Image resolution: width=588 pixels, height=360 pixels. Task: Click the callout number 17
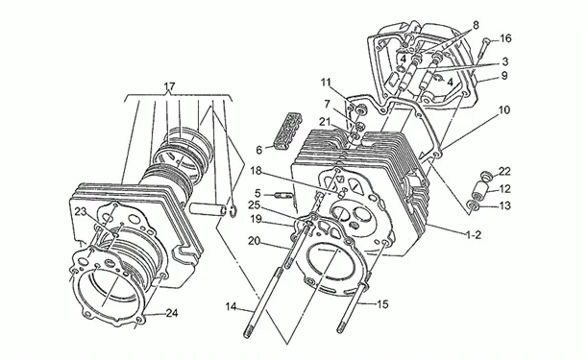(169, 87)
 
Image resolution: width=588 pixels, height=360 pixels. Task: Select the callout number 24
(172, 313)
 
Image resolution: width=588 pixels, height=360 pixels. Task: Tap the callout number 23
(81, 211)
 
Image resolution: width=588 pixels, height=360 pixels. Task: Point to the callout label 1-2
(474, 235)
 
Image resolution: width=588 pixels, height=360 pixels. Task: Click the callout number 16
(505, 38)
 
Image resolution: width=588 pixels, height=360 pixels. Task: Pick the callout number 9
(504, 76)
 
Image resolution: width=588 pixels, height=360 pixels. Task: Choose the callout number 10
(504, 110)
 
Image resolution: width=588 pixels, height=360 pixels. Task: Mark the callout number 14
(231, 307)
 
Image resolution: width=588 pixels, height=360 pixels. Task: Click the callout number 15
(382, 304)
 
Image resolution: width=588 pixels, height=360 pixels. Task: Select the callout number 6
(259, 150)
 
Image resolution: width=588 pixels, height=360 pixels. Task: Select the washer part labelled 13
(474, 205)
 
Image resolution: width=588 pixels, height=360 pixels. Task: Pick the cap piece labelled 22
(486, 175)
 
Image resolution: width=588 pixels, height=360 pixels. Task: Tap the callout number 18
(256, 171)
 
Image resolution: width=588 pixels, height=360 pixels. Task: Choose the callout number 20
(254, 241)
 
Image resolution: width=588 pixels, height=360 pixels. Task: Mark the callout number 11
(327, 82)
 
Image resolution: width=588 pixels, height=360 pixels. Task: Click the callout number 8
(476, 25)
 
